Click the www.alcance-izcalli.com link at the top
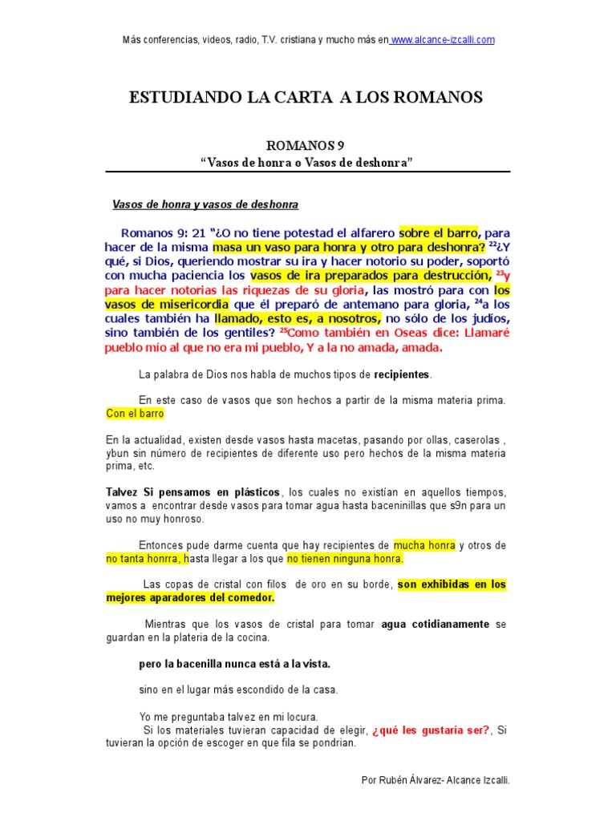click(443, 39)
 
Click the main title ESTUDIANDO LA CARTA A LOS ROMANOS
click(306, 98)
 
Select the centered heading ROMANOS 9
click(307, 145)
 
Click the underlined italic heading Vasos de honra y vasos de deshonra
click(205, 204)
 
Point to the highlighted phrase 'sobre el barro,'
click(440, 232)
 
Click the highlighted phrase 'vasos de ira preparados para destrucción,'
click(359, 276)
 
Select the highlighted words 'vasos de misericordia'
click(167, 305)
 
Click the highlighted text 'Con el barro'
click(135, 414)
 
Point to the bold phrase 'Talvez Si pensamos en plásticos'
click(193, 491)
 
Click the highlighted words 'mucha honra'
click(424, 545)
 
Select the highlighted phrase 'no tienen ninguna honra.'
click(346, 559)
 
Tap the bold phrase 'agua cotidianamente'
click(436, 624)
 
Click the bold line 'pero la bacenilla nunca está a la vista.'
click(234, 664)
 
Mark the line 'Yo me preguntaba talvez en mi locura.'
click(229, 716)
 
